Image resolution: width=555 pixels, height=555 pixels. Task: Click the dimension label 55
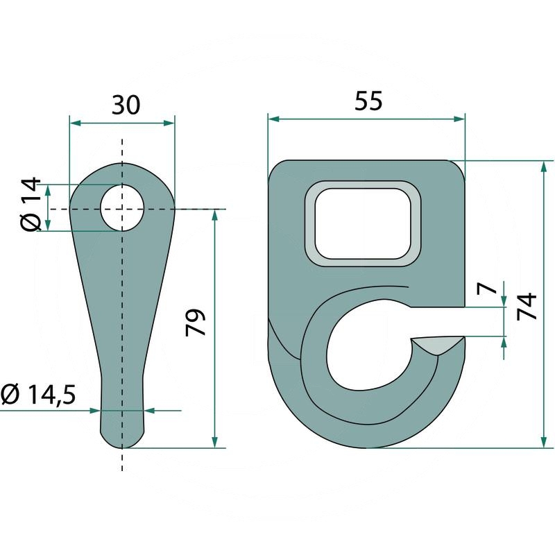[x=368, y=101]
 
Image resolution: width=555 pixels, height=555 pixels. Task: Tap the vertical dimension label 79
[x=197, y=323]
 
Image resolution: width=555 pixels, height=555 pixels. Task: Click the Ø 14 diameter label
[x=31, y=205]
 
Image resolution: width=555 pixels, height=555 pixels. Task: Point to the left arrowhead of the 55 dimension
[x=273, y=119]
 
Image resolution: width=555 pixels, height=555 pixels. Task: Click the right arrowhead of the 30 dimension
[x=169, y=123]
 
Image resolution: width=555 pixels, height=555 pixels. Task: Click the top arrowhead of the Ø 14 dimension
[x=48, y=189]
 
